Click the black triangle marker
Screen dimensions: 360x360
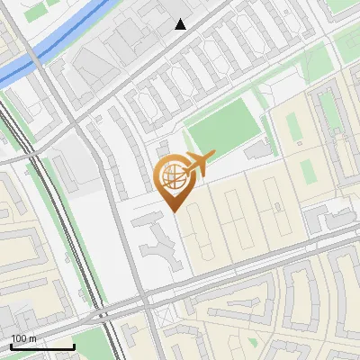tap(181, 24)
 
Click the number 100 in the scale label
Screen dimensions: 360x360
tap(19, 338)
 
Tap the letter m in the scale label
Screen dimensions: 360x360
tap(33, 338)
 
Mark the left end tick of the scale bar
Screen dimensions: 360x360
tap(10, 346)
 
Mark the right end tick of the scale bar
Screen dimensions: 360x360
tap(74, 346)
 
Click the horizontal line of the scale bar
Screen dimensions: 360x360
tap(41, 347)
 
